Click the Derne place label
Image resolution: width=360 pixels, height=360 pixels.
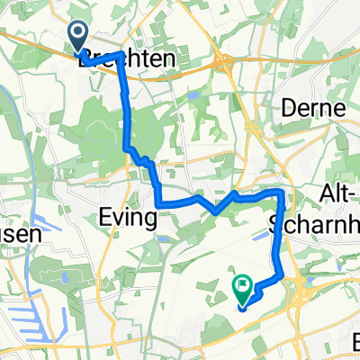pyautogui.click(x=313, y=108)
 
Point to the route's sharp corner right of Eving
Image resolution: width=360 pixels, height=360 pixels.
pyautogui.click(x=159, y=202)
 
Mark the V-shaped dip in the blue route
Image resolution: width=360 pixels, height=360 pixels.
pyautogui.click(x=216, y=211)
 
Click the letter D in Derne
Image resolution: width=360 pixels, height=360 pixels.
pyautogui.click(x=288, y=108)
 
